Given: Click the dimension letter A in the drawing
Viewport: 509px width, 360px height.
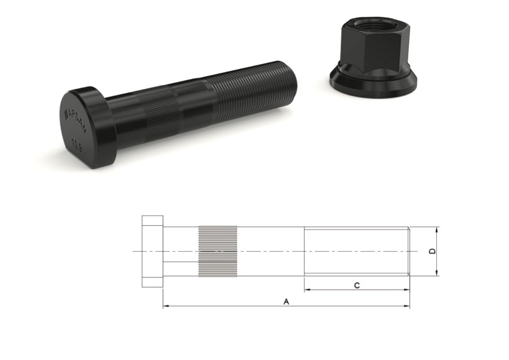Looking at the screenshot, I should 286,302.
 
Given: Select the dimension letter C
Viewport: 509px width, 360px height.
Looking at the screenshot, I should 356,285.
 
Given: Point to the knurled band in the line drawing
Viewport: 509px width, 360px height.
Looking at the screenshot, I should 217,251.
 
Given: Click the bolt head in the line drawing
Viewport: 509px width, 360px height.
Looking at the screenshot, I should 152,251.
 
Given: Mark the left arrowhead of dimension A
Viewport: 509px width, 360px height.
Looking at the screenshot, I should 165,307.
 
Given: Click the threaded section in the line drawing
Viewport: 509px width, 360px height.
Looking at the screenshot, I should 355,251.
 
